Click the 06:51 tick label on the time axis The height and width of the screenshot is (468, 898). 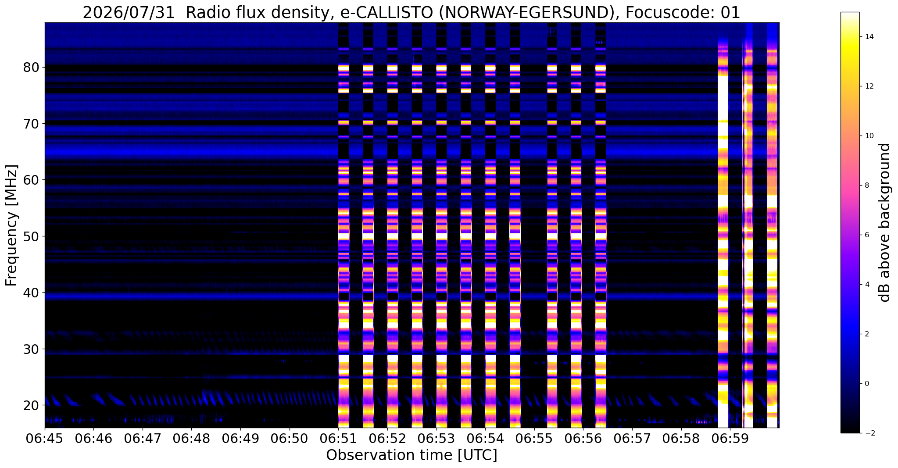tap(338, 439)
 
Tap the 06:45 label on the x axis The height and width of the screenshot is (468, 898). tap(45, 439)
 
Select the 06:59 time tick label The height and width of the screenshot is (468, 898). tap(730, 439)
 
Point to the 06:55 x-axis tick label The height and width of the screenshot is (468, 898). tap(534, 439)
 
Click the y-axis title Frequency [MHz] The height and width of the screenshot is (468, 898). tap(11, 225)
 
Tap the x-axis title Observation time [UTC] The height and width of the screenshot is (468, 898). tap(411, 455)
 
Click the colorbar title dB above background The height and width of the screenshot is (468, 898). tap(885, 222)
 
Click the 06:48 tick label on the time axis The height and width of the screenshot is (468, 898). tap(191, 439)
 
